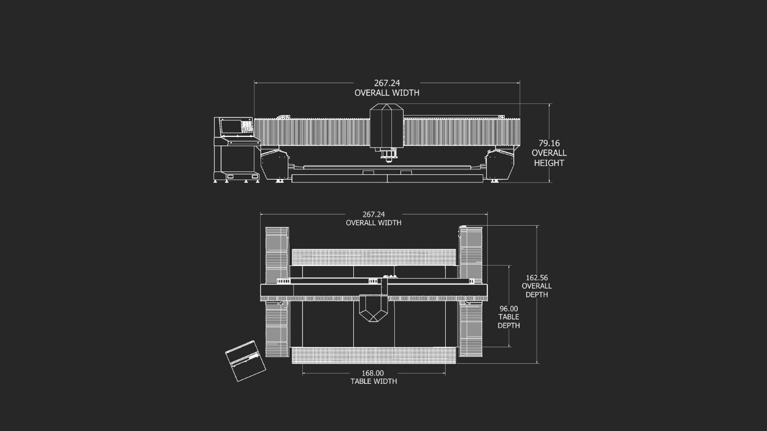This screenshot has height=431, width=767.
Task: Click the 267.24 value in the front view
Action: coord(387,83)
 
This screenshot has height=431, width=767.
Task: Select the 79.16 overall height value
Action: coord(549,143)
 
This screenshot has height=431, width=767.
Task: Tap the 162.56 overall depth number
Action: coord(537,278)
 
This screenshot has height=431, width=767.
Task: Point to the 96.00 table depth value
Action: coord(509,309)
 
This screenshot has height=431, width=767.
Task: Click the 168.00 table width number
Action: coord(372,373)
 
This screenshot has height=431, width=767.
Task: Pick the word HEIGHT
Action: coord(549,163)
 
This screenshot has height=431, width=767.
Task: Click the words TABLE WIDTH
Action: coord(373,382)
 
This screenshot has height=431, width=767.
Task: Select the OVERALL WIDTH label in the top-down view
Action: coord(373,223)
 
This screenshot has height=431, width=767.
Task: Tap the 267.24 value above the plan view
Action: coord(373,214)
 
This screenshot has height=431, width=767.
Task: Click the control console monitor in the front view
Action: coord(231,126)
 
